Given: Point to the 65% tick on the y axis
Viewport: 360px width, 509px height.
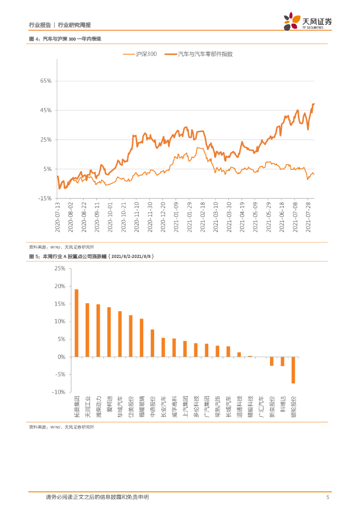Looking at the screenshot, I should point(46,81).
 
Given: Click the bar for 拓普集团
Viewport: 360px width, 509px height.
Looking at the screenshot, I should point(77,323).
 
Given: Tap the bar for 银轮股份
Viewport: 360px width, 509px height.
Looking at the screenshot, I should point(293,370).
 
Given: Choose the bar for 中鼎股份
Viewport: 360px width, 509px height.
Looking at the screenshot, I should point(152,343).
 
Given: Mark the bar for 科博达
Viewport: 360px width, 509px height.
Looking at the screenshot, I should point(282,361).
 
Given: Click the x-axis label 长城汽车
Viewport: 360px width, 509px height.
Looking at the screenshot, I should point(228,407).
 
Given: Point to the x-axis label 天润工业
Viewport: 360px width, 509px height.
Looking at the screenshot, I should point(88,407).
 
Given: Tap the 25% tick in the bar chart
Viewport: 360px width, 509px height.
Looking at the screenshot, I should point(60,268).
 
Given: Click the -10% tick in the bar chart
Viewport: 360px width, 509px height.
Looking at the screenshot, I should point(59,392).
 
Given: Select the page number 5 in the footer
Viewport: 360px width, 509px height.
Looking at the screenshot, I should point(327,497).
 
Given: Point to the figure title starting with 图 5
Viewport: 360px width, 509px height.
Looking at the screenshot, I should point(92,256).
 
